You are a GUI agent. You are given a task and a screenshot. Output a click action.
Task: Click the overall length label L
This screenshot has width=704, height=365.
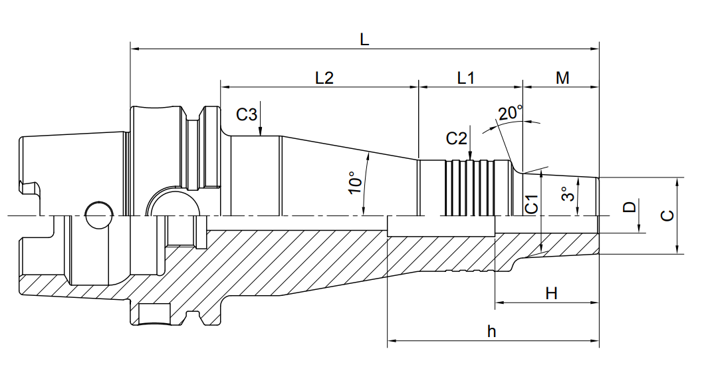[364, 39]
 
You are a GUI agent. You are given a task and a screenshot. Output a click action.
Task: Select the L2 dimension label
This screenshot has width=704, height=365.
[324, 78]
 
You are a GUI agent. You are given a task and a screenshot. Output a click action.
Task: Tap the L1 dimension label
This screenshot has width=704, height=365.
[465, 78]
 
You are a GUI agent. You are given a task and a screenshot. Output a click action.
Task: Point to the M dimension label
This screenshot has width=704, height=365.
[562, 78]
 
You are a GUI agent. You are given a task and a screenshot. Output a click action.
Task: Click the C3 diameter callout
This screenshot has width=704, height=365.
[247, 115]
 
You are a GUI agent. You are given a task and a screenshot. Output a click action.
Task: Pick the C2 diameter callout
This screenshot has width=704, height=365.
[456, 138]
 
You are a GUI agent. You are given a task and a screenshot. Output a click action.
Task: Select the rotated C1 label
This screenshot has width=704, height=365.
[532, 204]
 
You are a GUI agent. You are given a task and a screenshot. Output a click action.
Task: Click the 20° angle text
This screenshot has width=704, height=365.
[511, 112]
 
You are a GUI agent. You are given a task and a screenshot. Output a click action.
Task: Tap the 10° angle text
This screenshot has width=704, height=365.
[355, 182]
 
